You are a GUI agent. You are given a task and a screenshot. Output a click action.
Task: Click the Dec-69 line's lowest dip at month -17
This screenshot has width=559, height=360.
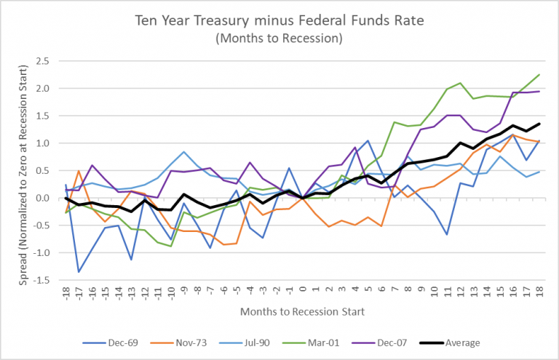79,272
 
